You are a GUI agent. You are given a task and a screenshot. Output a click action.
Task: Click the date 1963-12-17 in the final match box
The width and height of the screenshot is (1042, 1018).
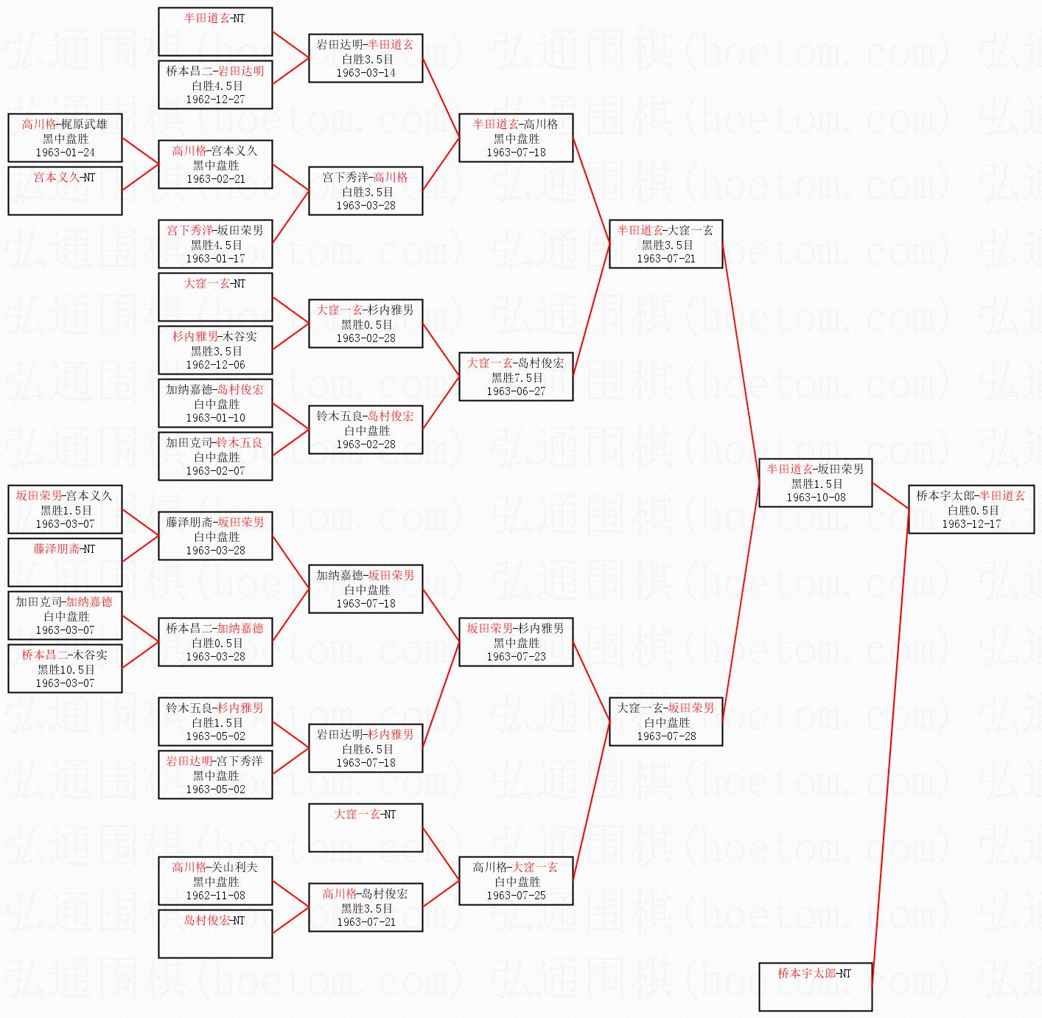point(971,524)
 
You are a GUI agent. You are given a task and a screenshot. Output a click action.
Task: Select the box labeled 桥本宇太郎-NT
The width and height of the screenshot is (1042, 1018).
point(815,986)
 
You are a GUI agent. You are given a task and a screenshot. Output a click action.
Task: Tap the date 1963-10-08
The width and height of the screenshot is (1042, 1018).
point(816,498)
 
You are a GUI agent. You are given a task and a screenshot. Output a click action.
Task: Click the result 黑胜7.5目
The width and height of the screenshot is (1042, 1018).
point(517,377)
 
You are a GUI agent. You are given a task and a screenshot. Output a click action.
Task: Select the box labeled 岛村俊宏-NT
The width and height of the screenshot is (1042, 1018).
point(215,932)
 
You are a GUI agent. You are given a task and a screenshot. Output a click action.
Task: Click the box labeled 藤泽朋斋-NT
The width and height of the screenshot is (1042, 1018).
point(65,561)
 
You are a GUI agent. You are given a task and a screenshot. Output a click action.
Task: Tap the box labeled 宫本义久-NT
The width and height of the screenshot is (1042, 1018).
point(65,189)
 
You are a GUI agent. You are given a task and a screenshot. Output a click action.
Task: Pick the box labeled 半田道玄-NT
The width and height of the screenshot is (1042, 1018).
point(215,31)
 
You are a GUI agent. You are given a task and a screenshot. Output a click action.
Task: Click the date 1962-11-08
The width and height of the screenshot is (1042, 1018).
point(215,896)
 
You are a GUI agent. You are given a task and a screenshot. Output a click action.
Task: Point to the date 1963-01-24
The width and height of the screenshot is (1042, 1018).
point(65,153)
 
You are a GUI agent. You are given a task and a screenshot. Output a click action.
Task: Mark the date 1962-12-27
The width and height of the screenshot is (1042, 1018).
point(215,100)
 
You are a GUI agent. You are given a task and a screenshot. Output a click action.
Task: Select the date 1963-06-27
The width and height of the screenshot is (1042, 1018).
point(516,391)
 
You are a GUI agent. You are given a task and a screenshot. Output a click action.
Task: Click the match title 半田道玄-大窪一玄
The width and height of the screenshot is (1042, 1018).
point(665,231)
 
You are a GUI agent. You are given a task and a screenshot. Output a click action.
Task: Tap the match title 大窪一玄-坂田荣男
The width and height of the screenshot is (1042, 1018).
point(665,708)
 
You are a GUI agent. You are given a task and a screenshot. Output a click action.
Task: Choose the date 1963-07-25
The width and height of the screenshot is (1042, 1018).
point(516,896)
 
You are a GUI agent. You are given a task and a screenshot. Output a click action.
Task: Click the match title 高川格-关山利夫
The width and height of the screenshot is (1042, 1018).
point(215,868)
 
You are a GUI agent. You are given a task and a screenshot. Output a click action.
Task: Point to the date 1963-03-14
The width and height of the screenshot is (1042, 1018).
point(366,73)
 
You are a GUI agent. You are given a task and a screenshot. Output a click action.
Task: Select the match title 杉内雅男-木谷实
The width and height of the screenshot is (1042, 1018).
point(215,337)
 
